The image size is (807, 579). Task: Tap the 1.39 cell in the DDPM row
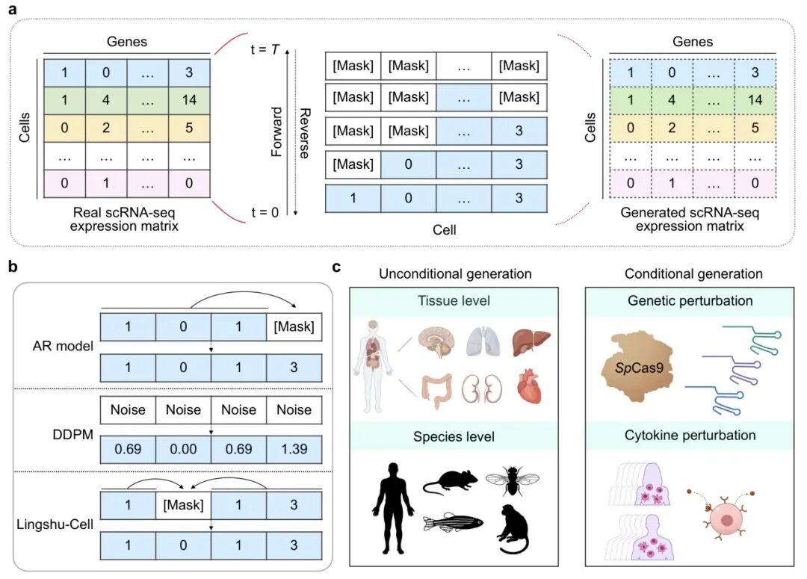pyautogui.click(x=294, y=450)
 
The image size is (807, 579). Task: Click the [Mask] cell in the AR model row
pyautogui.click(x=294, y=326)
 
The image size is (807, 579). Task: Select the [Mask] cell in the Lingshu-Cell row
pyautogui.click(x=183, y=504)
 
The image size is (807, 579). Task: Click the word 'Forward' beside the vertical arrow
pyautogui.click(x=276, y=131)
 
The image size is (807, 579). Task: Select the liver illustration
pyautogui.click(x=531, y=342)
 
